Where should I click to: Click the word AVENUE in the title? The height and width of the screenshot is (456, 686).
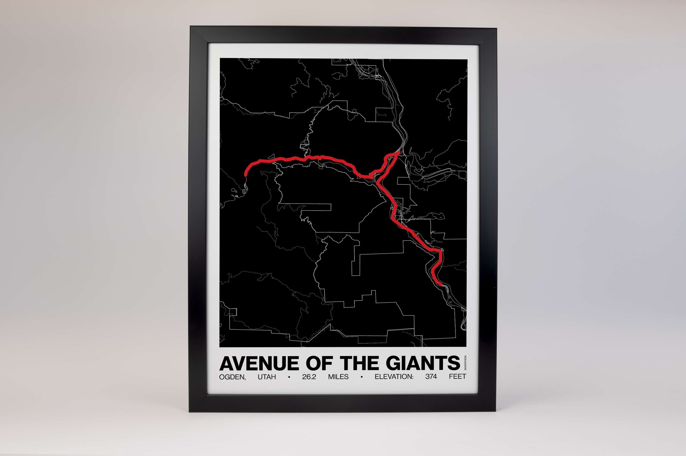coord(259,364)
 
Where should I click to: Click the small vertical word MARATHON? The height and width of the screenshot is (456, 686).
coord(465,363)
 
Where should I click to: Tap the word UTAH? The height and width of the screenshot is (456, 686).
coord(267,377)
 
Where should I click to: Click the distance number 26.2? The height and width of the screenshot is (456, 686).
coord(309,377)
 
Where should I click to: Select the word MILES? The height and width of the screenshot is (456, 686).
coord(338,377)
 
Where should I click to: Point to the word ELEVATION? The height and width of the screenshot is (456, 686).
coord(394,377)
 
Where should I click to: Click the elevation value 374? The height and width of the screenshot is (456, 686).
coord(431,377)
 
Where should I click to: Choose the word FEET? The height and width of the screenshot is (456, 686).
coord(457,377)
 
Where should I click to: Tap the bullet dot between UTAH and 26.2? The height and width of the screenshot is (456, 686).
coord(289,377)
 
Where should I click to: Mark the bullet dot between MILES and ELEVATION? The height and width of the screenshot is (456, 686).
coord(362,377)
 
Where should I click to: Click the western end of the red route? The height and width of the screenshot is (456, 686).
coord(245,175)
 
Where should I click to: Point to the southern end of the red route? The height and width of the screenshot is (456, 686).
coord(441,284)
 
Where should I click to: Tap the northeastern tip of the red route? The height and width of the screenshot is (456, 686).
coord(399,152)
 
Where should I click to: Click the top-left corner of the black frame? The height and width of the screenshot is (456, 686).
coord(191,27)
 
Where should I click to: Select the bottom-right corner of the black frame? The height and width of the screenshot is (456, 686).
coord(495,411)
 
